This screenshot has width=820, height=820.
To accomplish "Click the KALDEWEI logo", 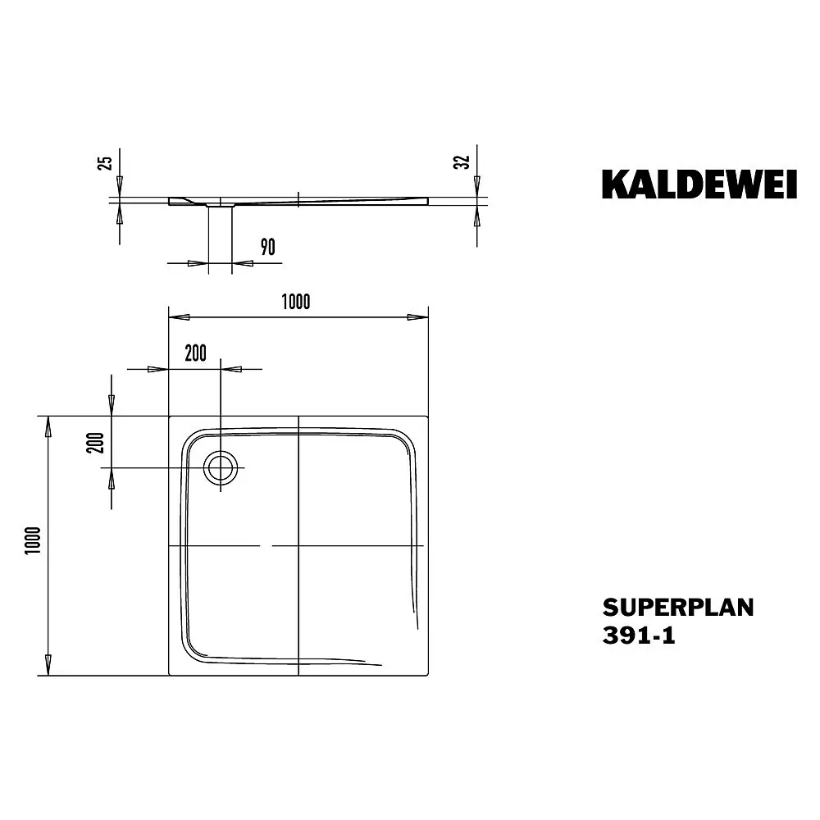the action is coord(699,184).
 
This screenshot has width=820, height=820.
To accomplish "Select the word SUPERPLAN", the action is coord(678,608).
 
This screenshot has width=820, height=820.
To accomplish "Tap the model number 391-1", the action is coord(639,635).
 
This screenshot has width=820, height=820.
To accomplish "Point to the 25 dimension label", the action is coord(105,162).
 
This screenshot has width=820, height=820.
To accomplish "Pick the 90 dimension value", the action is coord(268,247).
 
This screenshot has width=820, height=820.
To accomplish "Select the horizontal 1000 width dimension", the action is coord(296,302).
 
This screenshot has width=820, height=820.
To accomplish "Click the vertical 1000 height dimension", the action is coord(33,540).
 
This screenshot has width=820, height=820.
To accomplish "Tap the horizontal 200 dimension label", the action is coord(196,353).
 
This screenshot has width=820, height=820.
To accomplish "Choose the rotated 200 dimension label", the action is coord(96,443).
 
